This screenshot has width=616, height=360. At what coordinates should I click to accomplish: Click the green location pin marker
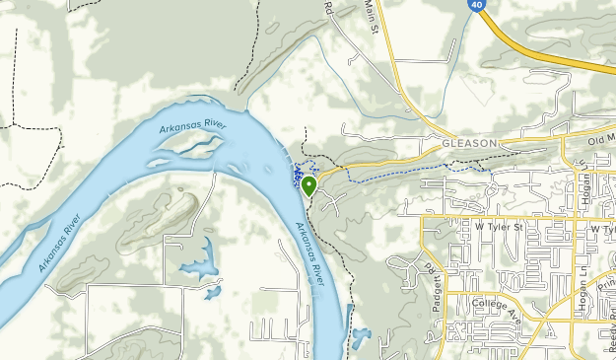point(308,184)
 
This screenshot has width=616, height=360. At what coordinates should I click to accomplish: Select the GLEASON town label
point(468,143)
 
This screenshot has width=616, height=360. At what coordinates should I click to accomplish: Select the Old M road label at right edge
point(601,140)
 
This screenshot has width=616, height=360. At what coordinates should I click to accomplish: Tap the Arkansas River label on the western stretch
point(59,242)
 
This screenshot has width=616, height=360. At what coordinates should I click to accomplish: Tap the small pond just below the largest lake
point(212,292)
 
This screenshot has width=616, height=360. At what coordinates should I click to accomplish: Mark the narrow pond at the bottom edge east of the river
point(359,340)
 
